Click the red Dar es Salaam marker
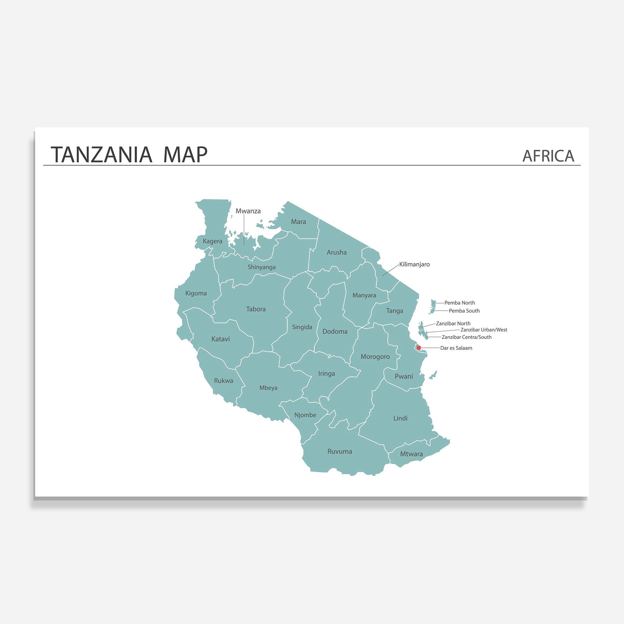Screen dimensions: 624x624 [x=419, y=347]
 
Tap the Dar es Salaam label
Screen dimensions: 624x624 [x=456, y=348]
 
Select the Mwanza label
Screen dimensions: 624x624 [x=248, y=211]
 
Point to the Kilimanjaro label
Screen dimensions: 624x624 [x=414, y=264]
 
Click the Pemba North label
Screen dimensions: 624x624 [x=459, y=303]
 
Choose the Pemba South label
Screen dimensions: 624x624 [x=464, y=311]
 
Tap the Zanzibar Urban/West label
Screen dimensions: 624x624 [x=484, y=330]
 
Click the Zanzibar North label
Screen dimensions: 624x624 [x=453, y=323]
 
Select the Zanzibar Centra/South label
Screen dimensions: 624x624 [x=466, y=337]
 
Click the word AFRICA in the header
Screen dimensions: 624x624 [x=548, y=156]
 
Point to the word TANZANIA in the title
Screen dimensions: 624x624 [x=101, y=155]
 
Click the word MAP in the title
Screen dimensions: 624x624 [x=185, y=155]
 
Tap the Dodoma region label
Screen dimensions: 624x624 [x=335, y=332]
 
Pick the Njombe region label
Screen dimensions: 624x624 [x=305, y=415]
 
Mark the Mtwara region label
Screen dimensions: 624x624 [x=411, y=454]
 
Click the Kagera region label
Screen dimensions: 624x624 [x=212, y=241]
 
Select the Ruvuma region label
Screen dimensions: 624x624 [x=340, y=452]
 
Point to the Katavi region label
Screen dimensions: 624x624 [x=220, y=339]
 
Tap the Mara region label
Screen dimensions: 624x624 [x=298, y=222]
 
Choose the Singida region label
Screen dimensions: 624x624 [x=302, y=327]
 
